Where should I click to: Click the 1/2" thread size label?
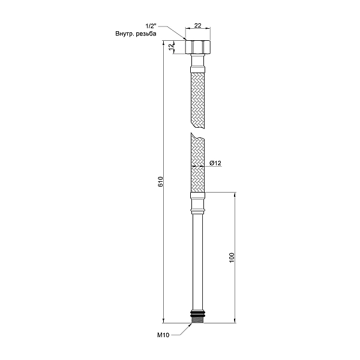click(151, 26)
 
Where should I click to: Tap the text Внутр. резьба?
click(136, 34)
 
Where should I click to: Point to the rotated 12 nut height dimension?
click(172, 47)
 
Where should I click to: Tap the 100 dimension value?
click(231, 257)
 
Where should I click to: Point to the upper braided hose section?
click(197, 99)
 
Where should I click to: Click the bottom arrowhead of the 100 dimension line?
click(235, 320)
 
